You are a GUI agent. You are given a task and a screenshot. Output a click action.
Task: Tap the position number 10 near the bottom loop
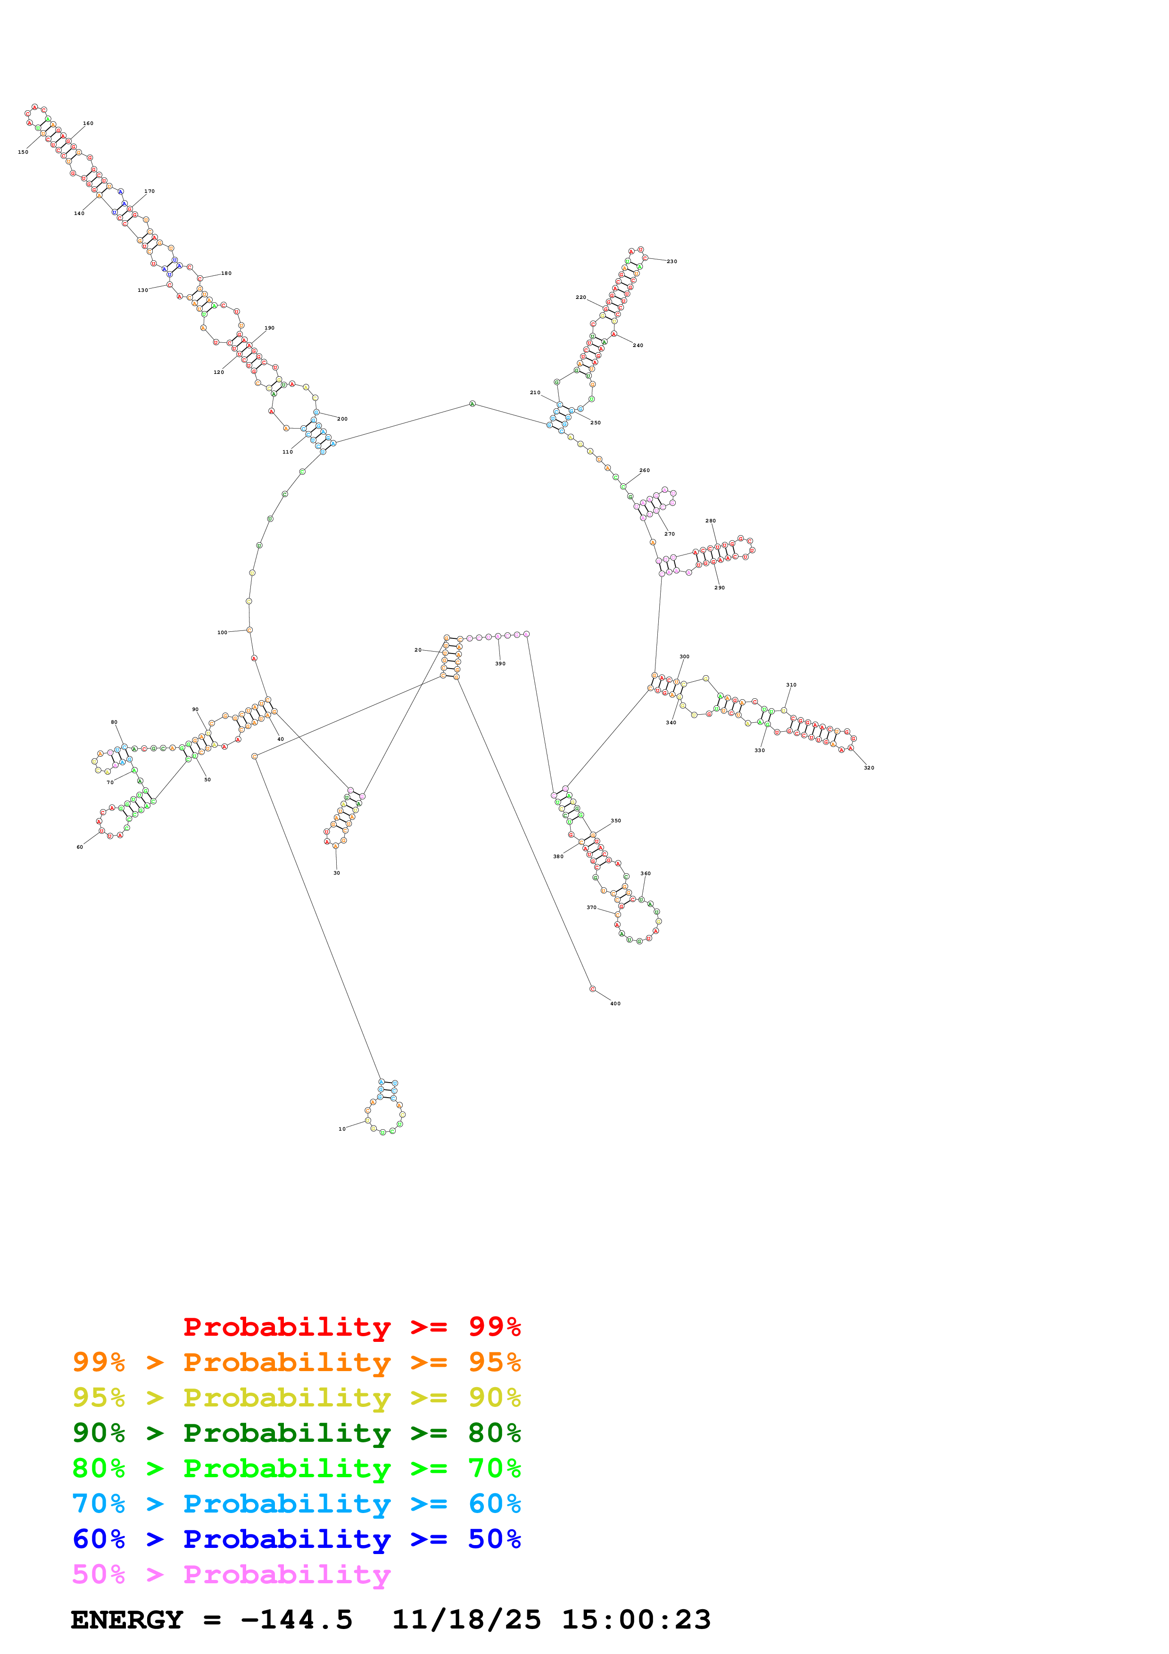point(342,1129)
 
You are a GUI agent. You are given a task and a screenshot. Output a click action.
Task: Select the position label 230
point(672,262)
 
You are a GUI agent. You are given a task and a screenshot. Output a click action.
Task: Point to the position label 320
point(870,768)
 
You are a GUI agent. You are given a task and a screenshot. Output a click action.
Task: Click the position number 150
point(23,152)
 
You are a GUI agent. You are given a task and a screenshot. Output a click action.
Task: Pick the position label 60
point(80,847)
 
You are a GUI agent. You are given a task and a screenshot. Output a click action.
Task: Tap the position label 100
point(223,632)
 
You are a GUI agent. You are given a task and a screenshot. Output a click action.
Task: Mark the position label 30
point(336,873)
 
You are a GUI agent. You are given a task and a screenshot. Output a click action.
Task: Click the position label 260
point(645,471)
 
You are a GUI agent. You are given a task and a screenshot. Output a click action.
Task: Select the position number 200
point(343,419)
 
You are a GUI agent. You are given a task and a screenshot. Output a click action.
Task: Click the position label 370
point(591,908)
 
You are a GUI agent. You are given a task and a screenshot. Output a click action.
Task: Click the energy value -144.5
point(297,1620)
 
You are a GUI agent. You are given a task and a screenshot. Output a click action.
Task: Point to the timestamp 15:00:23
point(636,1620)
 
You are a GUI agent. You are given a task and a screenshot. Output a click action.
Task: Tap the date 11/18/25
point(466,1620)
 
